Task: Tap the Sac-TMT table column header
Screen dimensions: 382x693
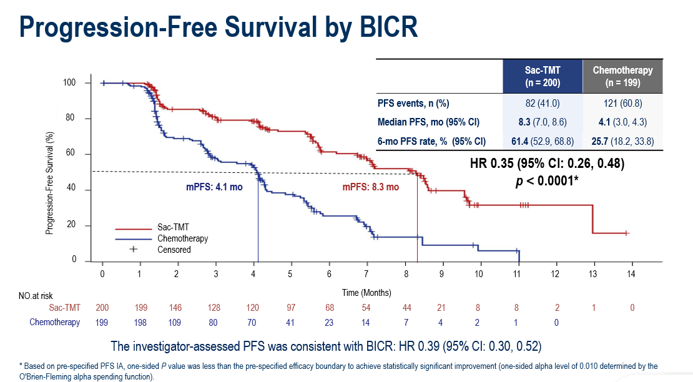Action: tap(542, 76)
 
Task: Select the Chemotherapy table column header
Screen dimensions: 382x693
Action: tap(622, 76)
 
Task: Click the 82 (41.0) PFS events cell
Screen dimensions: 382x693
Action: tap(541, 103)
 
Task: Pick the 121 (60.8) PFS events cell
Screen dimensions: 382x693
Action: tap(622, 103)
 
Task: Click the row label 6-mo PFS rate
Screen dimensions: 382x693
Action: tap(431, 141)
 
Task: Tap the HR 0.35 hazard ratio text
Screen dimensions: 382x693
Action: tap(547, 164)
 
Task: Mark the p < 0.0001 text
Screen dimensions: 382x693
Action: tap(547, 181)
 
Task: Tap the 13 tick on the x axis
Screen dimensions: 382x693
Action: tap(592, 273)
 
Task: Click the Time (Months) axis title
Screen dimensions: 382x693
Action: tap(366, 292)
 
